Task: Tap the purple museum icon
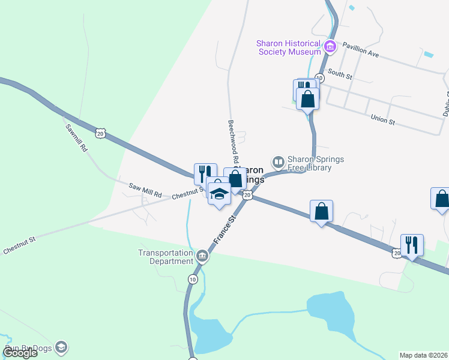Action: pos(330,47)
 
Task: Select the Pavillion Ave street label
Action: pos(361,49)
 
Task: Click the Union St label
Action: pos(382,120)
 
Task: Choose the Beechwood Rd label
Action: pos(233,142)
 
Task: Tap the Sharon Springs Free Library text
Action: pos(309,163)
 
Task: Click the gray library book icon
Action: pos(278,162)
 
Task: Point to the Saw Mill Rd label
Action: pos(145,191)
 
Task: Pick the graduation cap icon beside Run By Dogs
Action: pos(61,347)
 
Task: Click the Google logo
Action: pos(20,353)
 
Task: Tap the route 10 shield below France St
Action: pos(192,279)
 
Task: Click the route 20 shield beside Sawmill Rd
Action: pos(100,133)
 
